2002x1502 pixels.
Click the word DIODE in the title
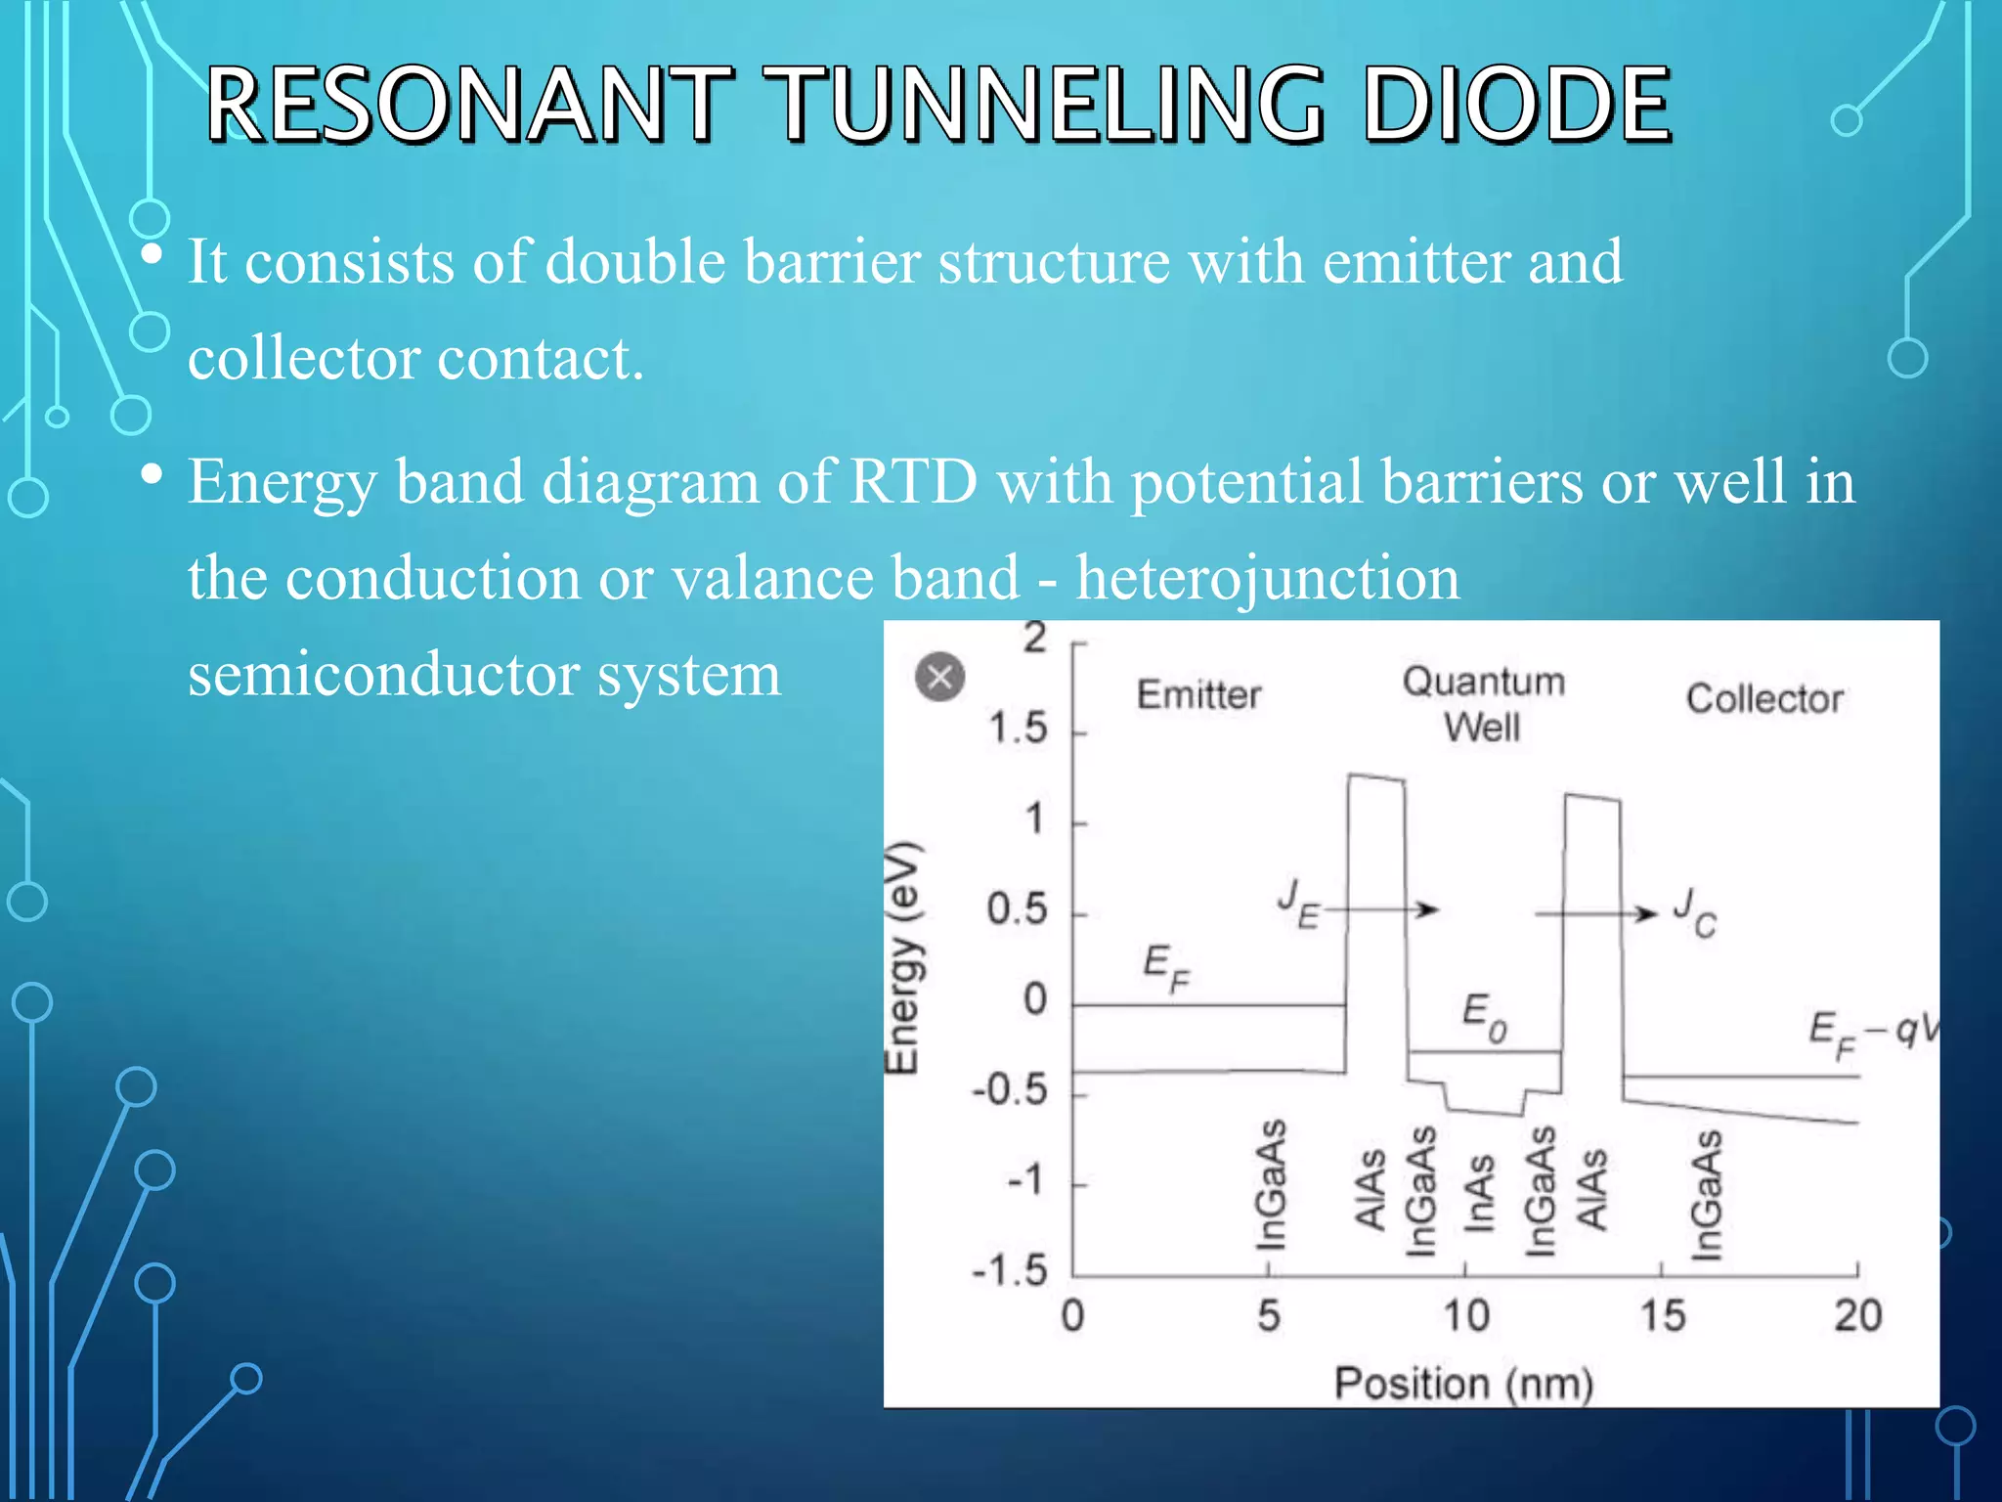1515,104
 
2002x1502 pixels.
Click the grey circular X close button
939,677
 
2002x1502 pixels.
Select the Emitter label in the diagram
1198,695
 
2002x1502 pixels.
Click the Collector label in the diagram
1764,698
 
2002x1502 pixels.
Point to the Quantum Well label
1483,703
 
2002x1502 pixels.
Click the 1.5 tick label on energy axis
1018,729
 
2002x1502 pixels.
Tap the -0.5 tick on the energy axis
1010,1089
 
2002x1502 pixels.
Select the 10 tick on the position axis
1465,1315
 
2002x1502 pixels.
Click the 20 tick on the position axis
1857,1315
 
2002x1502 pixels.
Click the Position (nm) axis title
1463,1384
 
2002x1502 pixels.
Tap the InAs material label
1480,1192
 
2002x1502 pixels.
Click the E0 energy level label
1484,1017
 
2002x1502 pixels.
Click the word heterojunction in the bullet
1268,577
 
